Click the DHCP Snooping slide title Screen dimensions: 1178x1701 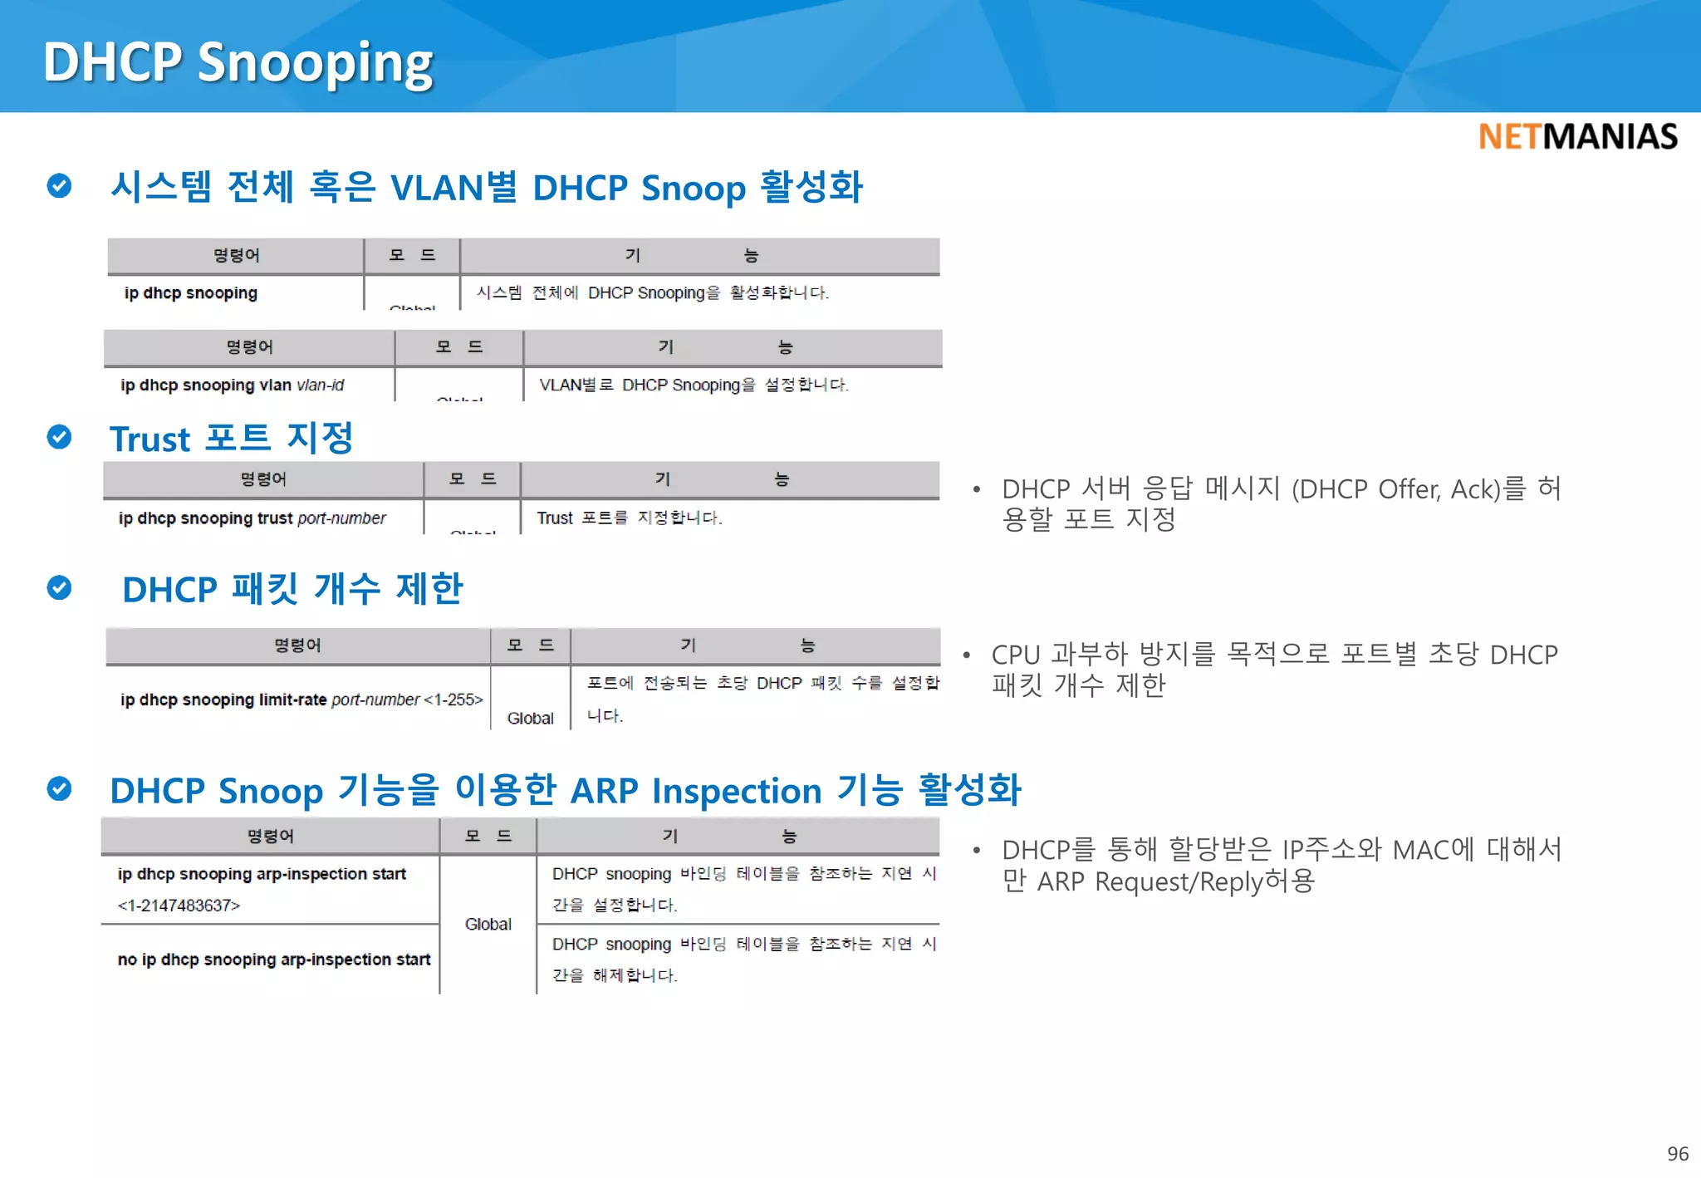click(x=238, y=62)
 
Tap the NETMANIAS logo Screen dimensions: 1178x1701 click(x=1577, y=136)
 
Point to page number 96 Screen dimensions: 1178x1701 click(x=1677, y=1154)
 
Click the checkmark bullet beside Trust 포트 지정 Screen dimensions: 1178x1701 click(x=59, y=436)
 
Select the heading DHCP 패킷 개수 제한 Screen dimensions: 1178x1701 click(x=292, y=589)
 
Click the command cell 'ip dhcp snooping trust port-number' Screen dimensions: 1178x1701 click(x=252, y=518)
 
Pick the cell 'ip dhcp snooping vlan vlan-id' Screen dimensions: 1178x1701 click(x=232, y=385)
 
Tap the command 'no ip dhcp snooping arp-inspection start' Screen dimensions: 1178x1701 click(x=273, y=960)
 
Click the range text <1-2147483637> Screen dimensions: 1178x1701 click(x=179, y=906)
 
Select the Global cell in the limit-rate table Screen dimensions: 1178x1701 click(x=530, y=718)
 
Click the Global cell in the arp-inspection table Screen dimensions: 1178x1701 click(x=488, y=924)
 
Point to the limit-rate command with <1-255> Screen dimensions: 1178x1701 click(x=301, y=699)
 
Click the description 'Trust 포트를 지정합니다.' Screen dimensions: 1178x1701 click(x=629, y=518)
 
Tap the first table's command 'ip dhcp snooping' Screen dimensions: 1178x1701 click(x=190, y=293)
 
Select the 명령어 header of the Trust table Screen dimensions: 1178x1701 click(x=263, y=479)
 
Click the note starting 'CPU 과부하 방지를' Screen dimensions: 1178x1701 click(x=1274, y=670)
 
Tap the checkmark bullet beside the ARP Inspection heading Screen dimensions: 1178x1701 click(x=59, y=788)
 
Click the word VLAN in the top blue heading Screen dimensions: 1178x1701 click(x=437, y=188)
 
